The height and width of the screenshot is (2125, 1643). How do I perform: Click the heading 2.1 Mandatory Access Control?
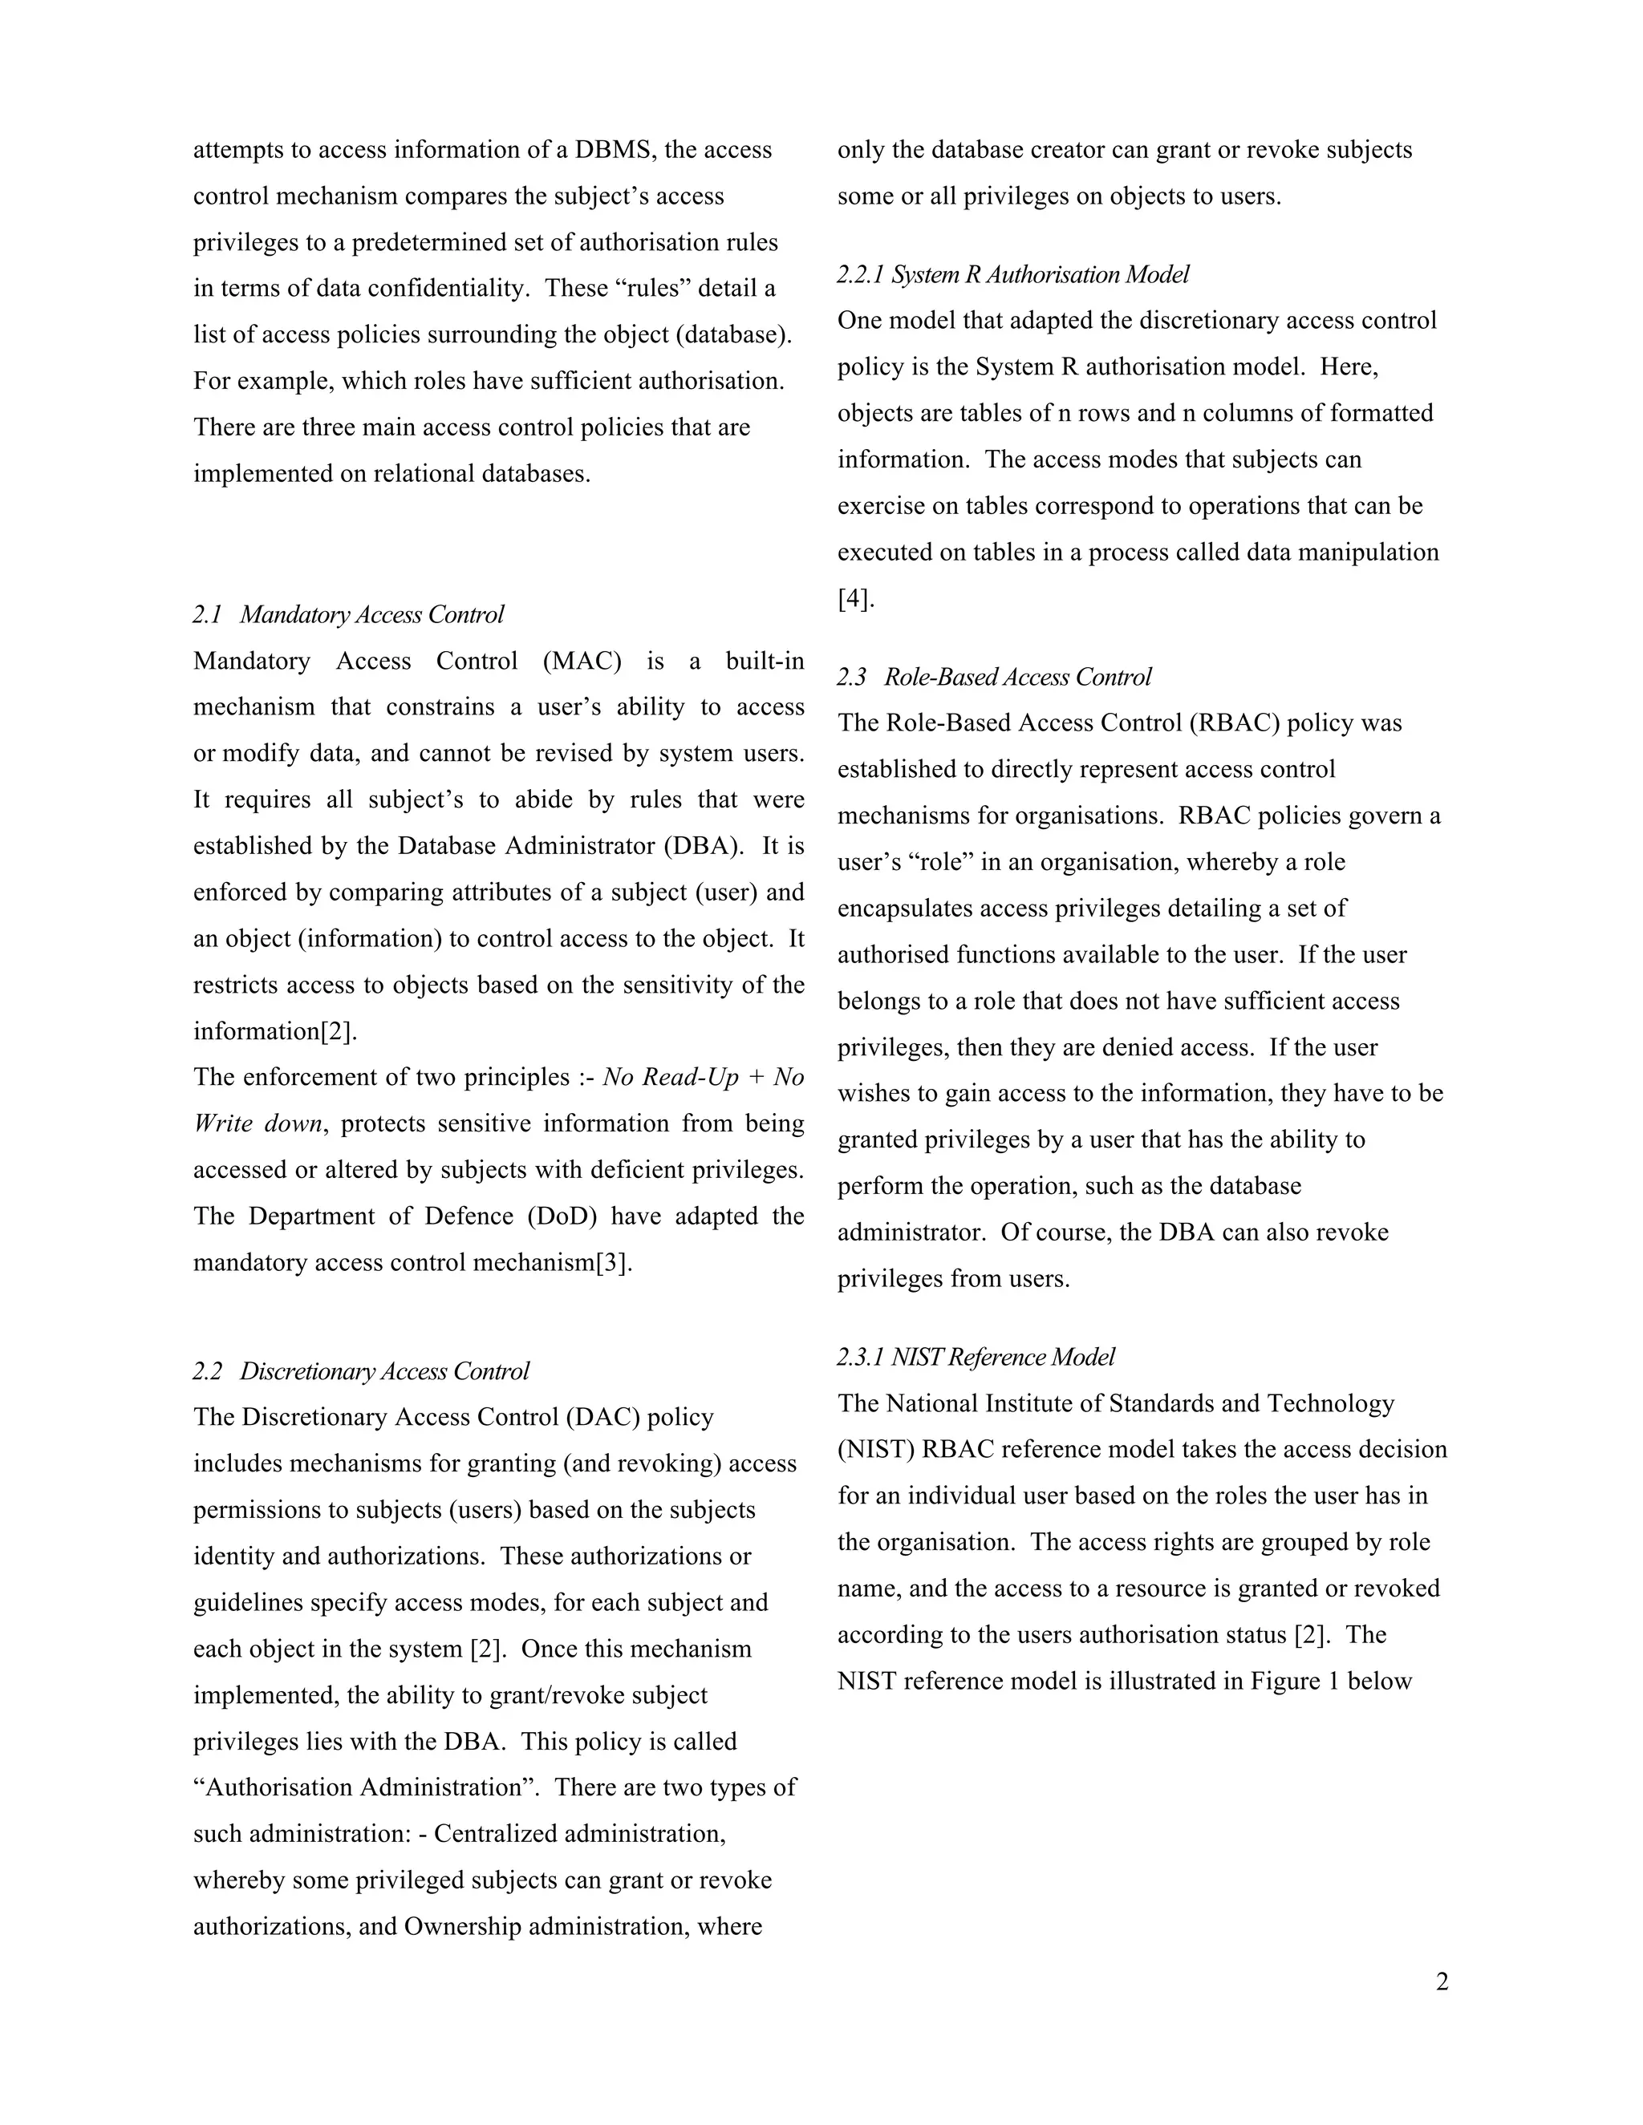[348, 615]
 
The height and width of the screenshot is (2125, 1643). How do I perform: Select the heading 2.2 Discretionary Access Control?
[361, 1371]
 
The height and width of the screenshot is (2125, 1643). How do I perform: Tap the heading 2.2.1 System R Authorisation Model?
[1013, 274]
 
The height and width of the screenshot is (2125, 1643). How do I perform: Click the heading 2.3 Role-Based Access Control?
[994, 678]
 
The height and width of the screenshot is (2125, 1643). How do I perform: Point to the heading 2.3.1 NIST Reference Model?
[976, 1358]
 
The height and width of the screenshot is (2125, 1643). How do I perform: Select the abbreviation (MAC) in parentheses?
[582, 662]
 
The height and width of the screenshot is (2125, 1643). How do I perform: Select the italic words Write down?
[257, 1125]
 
